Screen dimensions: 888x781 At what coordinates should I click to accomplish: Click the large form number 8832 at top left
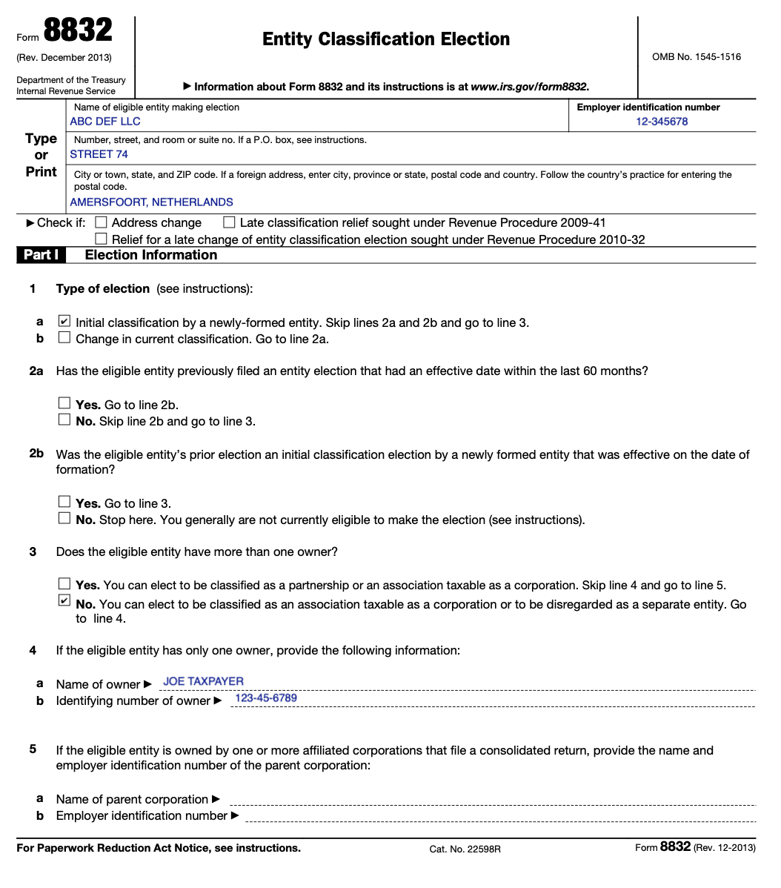point(78,31)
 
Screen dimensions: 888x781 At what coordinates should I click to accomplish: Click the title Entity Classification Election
point(386,39)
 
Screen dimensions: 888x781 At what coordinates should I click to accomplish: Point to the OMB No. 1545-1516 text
point(696,57)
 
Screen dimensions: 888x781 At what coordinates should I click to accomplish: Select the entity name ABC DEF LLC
point(105,122)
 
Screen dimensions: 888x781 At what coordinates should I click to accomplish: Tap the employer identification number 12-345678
point(662,122)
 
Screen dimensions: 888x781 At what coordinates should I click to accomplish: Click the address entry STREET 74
point(99,154)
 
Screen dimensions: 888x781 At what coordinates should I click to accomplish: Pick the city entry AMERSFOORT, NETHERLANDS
point(151,202)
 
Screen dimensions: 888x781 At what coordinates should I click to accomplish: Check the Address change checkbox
point(102,222)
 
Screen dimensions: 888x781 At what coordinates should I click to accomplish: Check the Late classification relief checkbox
point(229,222)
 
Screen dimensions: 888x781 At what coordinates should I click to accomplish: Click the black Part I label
point(41,255)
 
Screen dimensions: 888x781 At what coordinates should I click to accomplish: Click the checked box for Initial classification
point(64,322)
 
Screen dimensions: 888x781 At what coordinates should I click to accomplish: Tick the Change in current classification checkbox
point(64,338)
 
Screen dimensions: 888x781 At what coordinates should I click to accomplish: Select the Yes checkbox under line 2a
point(64,404)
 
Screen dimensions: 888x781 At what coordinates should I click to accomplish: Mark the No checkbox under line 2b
point(64,519)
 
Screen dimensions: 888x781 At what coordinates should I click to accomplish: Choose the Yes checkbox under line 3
point(64,584)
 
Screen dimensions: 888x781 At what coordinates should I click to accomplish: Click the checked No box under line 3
point(64,600)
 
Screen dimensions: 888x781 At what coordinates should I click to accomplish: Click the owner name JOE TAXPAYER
point(203,681)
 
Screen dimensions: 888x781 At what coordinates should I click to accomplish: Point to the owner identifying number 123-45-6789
point(266,698)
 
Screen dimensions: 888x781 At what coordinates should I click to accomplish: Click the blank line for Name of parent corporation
point(492,800)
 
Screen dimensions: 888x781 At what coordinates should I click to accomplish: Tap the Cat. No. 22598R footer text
point(465,849)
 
